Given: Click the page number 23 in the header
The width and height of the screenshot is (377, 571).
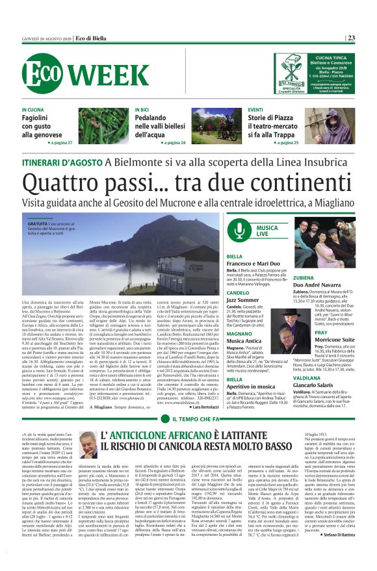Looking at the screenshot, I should coord(351,38).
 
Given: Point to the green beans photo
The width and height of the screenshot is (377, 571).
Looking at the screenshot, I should coord(103,126).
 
